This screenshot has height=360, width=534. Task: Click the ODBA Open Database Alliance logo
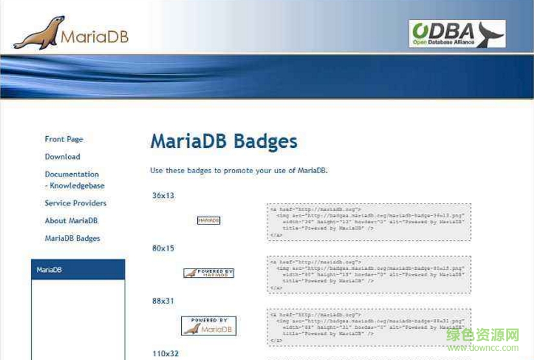457,34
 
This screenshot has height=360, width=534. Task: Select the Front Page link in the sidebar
64,139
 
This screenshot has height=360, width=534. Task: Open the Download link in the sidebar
62,156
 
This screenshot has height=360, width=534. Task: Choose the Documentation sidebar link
71,174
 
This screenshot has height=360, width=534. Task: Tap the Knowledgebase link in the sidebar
77,186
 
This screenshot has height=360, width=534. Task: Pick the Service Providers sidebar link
75,203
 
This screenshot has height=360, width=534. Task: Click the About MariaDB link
71,221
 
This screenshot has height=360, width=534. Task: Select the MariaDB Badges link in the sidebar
72,238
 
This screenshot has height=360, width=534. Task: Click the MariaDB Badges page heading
223,141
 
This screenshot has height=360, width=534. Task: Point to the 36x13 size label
163,195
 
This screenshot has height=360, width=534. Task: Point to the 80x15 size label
163,248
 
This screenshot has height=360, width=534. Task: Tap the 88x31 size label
163,301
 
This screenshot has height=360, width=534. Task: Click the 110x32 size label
165,354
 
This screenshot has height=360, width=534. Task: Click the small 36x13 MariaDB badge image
208,221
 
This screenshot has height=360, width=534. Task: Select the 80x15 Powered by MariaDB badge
208,273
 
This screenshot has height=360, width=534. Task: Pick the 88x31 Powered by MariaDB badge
208,326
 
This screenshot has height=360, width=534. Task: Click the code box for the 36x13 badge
369,222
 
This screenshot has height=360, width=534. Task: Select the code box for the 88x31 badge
369,327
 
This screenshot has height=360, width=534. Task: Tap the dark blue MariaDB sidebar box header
78,270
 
